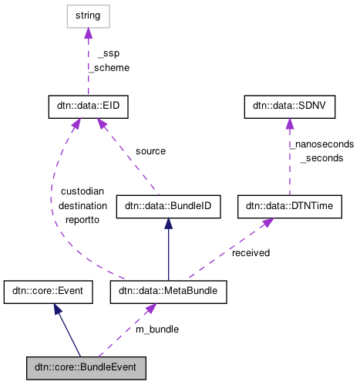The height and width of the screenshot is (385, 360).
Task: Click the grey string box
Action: [x=87, y=15]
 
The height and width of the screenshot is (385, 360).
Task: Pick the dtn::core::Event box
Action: [x=49, y=292]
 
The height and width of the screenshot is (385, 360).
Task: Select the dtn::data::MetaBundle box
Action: [x=168, y=292]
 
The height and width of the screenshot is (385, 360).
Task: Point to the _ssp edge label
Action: [x=108, y=53]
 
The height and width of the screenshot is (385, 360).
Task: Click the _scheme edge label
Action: [x=108, y=67]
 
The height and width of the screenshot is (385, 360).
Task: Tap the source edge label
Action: [x=150, y=151]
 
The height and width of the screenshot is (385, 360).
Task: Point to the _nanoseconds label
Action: [x=321, y=144]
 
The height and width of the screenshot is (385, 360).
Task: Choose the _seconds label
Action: [x=321, y=157]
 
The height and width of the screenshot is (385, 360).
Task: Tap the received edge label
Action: [x=251, y=252]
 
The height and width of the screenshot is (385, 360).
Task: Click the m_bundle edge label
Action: [x=157, y=329]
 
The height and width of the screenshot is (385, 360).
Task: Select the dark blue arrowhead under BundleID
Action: [x=168, y=222]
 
